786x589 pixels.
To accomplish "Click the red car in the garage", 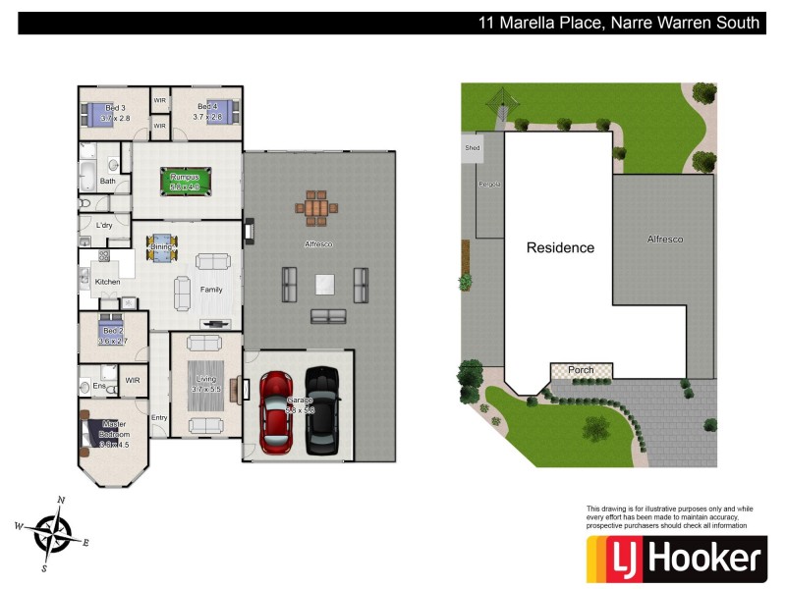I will [277, 412].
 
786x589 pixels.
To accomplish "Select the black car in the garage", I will [322, 411].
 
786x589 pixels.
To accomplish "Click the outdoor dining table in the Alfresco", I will [315, 208].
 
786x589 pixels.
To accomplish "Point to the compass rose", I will [51, 533].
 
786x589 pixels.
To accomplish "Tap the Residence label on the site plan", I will [560, 247].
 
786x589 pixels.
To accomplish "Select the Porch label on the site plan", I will [581, 370].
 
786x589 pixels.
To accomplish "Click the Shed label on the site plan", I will [473, 148].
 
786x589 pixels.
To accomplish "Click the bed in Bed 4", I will [220, 112].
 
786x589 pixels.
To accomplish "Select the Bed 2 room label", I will [112, 331].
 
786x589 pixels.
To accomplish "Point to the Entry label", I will [159, 417].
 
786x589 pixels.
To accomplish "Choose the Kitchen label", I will [107, 282].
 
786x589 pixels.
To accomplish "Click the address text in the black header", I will [618, 23].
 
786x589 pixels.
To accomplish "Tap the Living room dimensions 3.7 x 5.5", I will [206, 389].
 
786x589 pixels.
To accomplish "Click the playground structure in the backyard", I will [502, 101].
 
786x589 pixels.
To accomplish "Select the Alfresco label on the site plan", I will [664, 239].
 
